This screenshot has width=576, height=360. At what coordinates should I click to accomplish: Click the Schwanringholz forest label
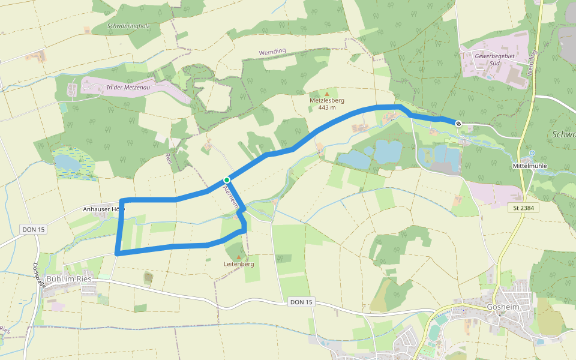tap(128, 26)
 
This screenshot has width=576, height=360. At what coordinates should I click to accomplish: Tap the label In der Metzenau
tap(127, 88)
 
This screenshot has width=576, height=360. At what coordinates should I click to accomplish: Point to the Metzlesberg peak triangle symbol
tap(327, 94)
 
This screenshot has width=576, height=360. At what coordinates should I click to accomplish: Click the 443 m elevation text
tap(327, 107)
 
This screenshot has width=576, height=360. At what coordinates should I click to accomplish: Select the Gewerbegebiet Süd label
tap(495, 59)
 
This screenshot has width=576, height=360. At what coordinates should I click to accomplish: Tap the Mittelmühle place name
tap(531, 165)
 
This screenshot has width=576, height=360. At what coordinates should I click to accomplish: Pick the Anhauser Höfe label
tap(103, 209)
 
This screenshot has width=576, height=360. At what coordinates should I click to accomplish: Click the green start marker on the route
tap(227, 180)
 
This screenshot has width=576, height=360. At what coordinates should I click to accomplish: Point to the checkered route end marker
tap(458, 124)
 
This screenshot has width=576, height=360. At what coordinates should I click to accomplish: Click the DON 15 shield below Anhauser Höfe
tap(32, 229)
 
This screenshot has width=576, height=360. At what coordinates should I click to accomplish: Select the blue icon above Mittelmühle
tap(532, 153)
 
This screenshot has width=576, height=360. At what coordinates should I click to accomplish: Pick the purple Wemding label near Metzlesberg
tap(272, 53)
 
